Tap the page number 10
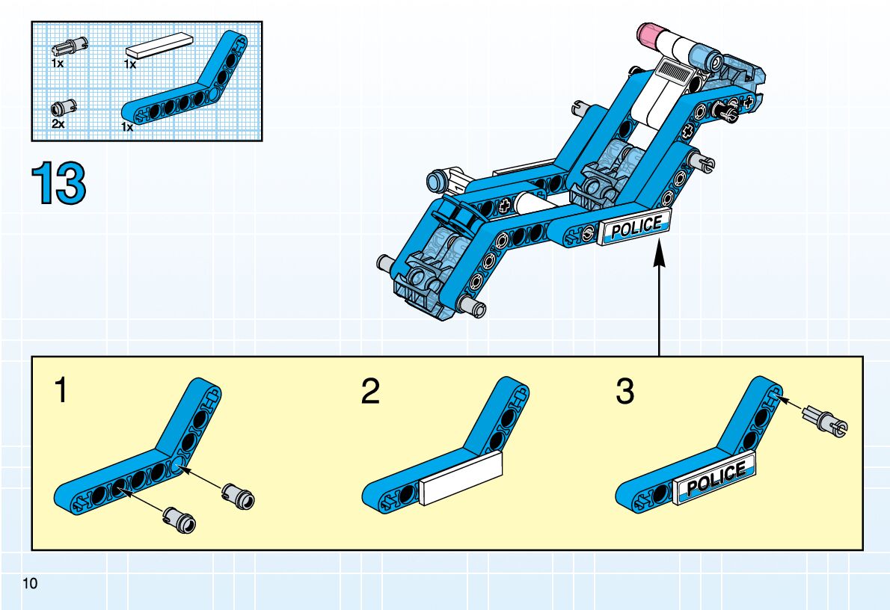(x=30, y=583)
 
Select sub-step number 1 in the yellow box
(x=62, y=391)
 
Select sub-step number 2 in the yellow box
(x=369, y=392)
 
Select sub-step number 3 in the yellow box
(x=624, y=392)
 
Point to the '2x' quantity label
(x=58, y=124)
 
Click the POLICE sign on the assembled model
(x=635, y=227)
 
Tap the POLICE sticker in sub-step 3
(x=714, y=478)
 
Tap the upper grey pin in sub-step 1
(x=239, y=494)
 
